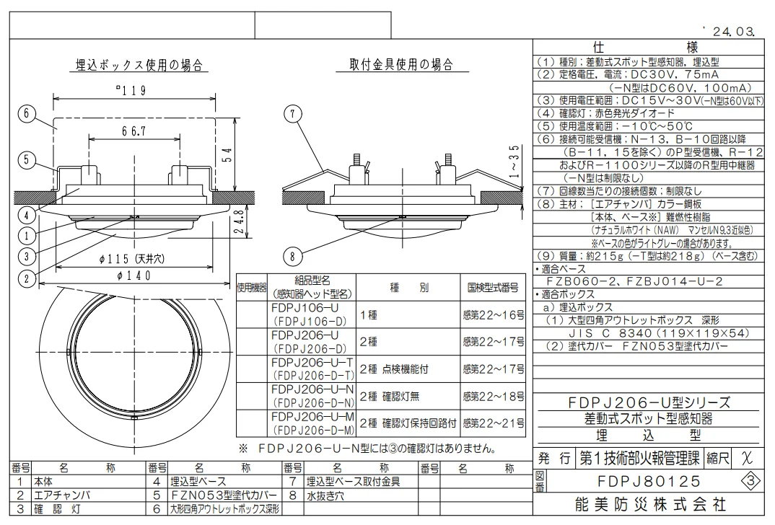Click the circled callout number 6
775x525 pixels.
[x=27, y=114]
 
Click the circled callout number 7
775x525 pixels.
[x=292, y=115]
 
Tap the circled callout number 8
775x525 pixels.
[x=292, y=256]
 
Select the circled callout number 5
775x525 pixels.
[x=27, y=159]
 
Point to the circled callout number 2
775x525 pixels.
[x=27, y=279]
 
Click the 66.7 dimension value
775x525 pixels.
[x=134, y=131]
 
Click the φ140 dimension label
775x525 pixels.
[x=134, y=275]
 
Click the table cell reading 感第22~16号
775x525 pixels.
[x=494, y=314]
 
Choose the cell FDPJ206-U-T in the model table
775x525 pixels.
[x=312, y=363]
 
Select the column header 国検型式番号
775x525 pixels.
[x=493, y=288]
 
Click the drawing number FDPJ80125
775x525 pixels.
[x=649, y=481]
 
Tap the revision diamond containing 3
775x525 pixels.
[x=750, y=481]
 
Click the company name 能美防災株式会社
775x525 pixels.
[x=650, y=504]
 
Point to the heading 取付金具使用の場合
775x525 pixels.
[x=400, y=65]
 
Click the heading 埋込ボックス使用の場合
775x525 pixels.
[x=139, y=65]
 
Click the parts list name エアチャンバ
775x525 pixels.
[x=62, y=495]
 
